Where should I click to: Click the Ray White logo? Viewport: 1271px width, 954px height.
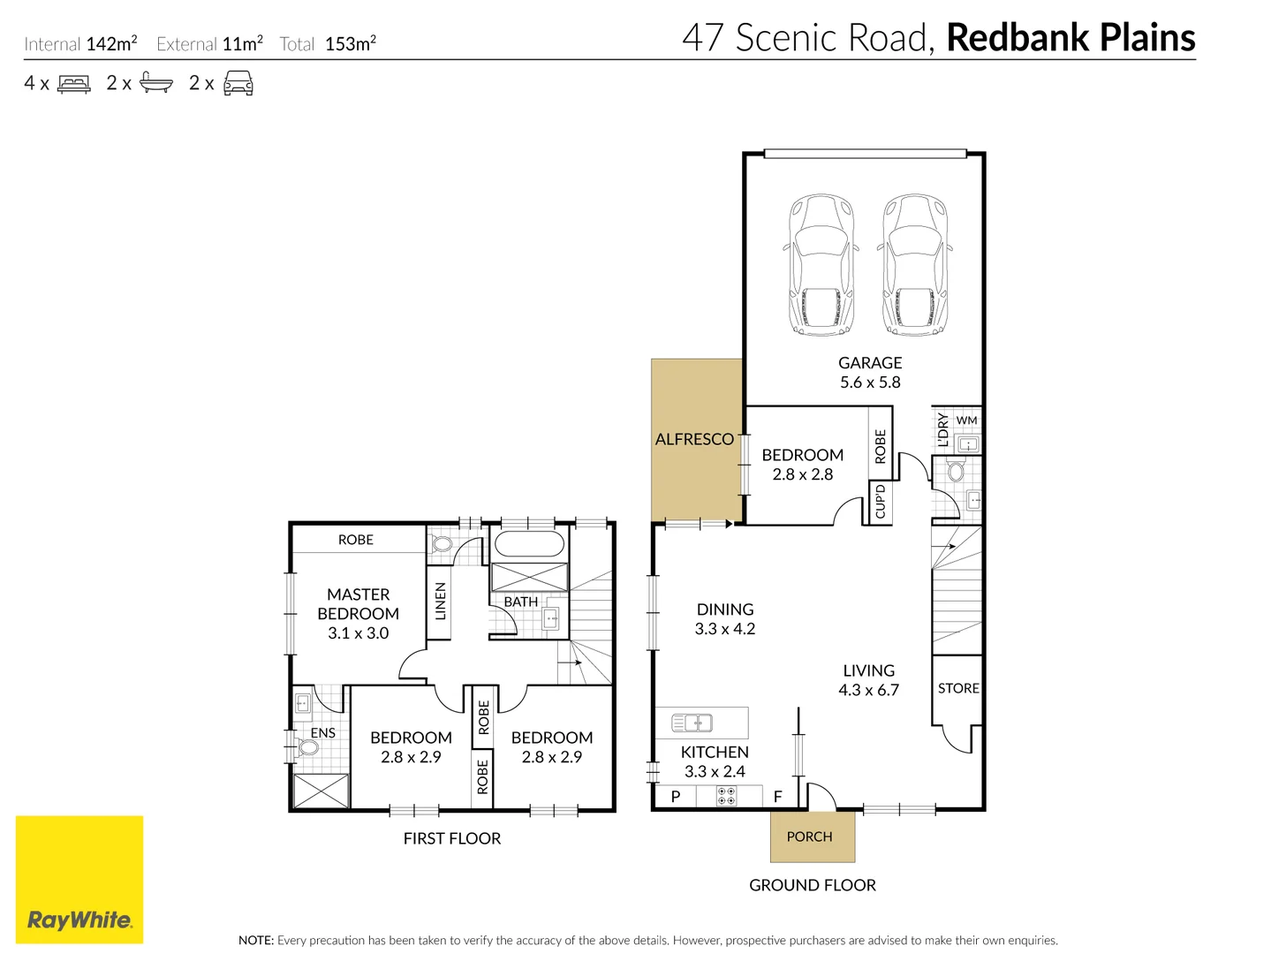(x=79, y=880)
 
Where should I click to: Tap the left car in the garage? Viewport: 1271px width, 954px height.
(x=821, y=264)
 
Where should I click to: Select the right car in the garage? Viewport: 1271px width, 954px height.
(x=915, y=264)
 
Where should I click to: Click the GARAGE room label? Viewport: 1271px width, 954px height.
(x=870, y=363)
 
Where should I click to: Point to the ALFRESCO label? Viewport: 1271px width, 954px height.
(x=694, y=439)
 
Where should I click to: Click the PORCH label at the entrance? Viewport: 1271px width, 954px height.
(x=809, y=837)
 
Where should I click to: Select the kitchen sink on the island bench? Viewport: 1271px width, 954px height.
(x=692, y=723)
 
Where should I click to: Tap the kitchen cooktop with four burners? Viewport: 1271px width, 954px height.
(x=726, y=797)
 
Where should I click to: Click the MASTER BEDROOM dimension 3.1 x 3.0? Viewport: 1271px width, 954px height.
(x=358, y=633)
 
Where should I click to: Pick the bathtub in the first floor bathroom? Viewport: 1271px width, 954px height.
(x=529, y=545)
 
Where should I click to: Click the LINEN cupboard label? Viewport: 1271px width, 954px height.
(x=440, y=601)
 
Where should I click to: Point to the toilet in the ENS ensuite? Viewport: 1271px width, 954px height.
(x=307, y=748)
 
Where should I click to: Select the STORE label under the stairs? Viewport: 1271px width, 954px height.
(x=958, y=688)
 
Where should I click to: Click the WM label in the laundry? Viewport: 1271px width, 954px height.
(x=966, y=420)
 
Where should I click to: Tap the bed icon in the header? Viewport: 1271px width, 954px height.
(x=74, y=84)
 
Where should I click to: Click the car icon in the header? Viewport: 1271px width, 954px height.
(x=238, y=84)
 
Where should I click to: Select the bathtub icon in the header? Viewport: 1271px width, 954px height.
(x=156, y=84)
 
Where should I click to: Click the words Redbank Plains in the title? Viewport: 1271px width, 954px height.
(x=1071, y=38)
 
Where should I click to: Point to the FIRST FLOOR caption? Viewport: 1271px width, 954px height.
(x=452, y=838)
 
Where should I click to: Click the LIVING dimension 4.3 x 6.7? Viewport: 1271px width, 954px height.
(x=868, y=690)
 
